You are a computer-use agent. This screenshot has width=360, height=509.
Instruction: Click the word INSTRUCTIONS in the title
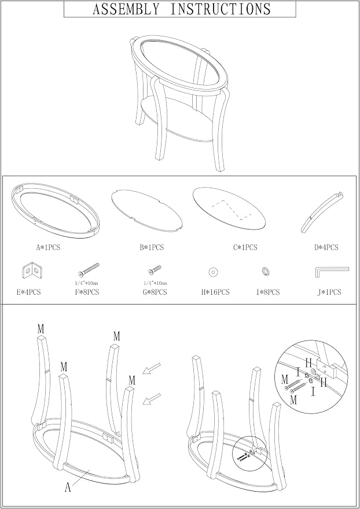(x=220, y=9)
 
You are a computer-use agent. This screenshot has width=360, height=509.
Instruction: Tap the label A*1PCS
(x=48, y=247)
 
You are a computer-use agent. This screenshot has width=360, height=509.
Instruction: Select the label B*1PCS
(x=152, y=247)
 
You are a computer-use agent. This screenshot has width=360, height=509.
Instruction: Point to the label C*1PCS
(x=245, y=247)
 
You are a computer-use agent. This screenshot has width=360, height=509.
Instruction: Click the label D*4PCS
(x=326, y=247)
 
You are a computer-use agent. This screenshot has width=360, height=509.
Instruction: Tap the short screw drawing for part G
(x=155, y=269)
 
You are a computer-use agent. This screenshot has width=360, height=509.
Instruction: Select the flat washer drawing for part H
(x=213, y=272)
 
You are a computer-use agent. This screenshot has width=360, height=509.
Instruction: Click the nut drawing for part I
(x=266, y=270)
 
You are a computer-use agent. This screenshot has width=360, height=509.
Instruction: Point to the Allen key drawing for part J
(x=332, y=272)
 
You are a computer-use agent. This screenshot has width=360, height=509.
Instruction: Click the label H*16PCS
(x=215, y=292)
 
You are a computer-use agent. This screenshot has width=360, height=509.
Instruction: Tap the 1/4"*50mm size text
(x=86, y=283)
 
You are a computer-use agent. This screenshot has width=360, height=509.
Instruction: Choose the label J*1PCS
(x=329, y=292)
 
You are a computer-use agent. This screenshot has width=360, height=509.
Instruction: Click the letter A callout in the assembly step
(x=68, y=487)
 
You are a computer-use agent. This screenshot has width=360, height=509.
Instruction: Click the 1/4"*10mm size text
(x=155, y=283)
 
